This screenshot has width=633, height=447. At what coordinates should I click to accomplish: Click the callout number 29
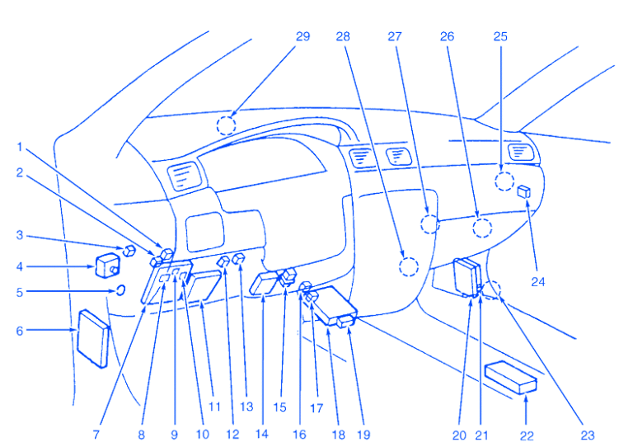click(302, 36)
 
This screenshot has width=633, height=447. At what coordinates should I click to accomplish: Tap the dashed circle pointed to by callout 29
click(226, 125)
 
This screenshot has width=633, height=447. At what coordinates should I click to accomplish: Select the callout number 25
click(500, 36)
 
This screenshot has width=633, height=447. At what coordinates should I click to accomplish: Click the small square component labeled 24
click(524, 192)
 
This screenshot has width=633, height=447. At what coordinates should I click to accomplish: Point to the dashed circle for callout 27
click(429, 223)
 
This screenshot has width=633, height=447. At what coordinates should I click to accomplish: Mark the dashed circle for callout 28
click(408, 266)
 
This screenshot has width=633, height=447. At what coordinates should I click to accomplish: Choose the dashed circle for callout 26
click(482, 228)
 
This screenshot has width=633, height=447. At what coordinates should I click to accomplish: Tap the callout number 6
click(19, 331)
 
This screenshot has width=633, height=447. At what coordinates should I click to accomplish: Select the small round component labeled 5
click(120, 289)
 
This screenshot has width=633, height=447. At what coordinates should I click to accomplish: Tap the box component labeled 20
click(467, 275)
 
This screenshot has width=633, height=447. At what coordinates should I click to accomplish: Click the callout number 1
click(19, 147)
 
